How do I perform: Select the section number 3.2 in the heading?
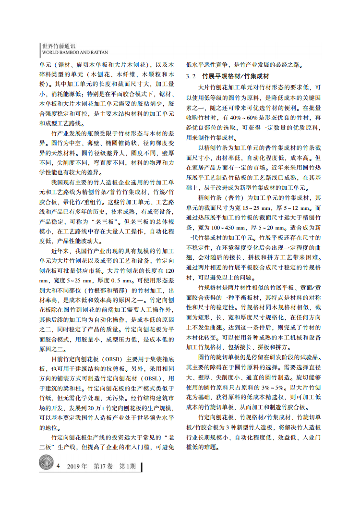(x=192, y=76)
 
